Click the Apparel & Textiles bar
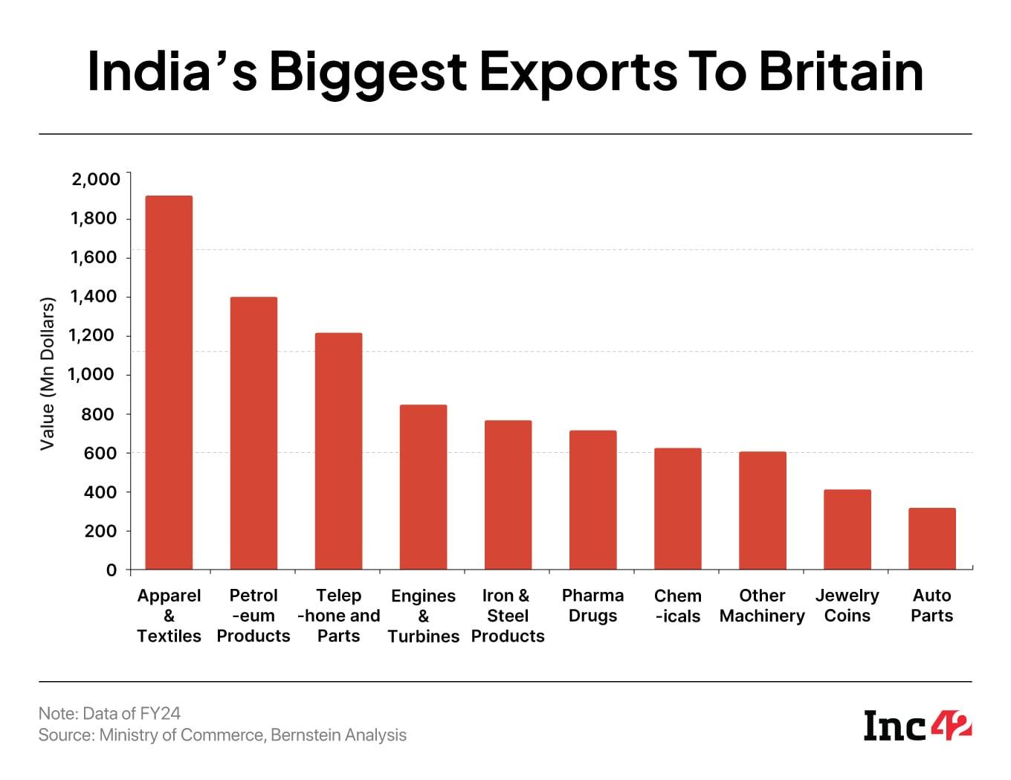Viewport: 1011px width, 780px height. [169, 383]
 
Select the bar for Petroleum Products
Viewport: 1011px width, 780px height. [253, 433]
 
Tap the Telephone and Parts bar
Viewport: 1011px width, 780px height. [338, 451]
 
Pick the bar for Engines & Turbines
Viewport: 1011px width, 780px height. [423, 487]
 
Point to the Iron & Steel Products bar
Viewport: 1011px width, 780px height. [508, 495]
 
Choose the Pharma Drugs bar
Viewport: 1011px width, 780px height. [592, 500]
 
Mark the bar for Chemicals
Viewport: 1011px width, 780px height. [677, 509]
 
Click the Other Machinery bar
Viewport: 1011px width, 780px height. [762, 511]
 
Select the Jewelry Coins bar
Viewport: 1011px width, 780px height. [847, 529]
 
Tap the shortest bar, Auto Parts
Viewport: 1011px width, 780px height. [931, 539]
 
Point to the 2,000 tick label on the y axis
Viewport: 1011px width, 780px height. [95, 179]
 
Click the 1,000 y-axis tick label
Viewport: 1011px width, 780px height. [92, 375]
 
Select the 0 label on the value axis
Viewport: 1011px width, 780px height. [112, 570]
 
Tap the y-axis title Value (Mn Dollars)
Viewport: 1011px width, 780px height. [48, 374]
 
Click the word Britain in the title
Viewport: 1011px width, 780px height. [841, 71]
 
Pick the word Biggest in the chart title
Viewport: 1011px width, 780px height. [368, 73]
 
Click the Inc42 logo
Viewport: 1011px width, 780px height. [917, 725]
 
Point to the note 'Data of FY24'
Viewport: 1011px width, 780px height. [109, 713]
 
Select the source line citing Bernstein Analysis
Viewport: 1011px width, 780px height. [222, 735]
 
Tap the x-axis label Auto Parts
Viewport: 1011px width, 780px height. [931, 605]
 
